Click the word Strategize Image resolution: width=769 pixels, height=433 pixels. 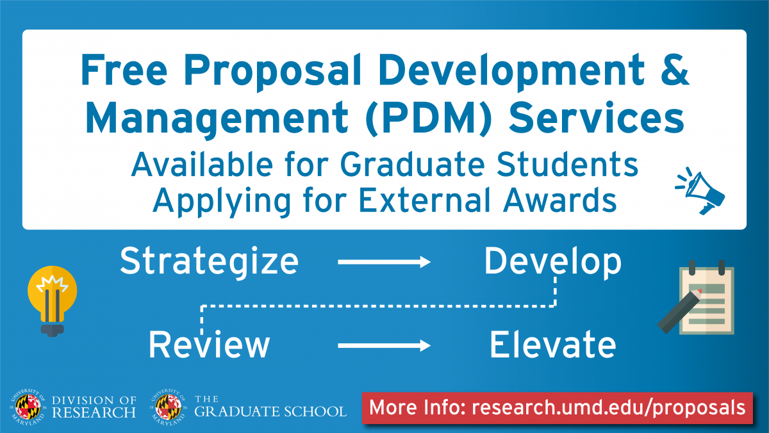pos(209,261)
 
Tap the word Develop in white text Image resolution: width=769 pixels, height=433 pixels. pos(552,261)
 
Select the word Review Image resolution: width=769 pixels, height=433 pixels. pos(209,345)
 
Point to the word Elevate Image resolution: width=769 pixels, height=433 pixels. pos(552,345)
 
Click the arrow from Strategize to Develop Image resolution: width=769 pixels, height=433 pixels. pos(384,262)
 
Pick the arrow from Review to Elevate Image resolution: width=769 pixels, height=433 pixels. pos(384,345)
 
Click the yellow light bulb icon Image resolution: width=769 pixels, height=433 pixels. pos(52,301)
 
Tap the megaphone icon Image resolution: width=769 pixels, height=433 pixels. pos(700,191)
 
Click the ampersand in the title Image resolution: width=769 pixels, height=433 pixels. pos(675,70)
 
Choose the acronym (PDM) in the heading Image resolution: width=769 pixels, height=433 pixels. pos(429,118)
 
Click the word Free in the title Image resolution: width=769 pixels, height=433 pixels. pos(124,70)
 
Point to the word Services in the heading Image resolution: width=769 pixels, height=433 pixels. pos(597,118)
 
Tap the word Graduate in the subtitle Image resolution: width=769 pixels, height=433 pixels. pos(412,165)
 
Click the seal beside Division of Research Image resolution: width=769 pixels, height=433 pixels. pos(28,407)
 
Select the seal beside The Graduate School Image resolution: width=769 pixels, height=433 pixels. pos(168,407)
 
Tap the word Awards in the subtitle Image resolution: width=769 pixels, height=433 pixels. pos(560,200)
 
